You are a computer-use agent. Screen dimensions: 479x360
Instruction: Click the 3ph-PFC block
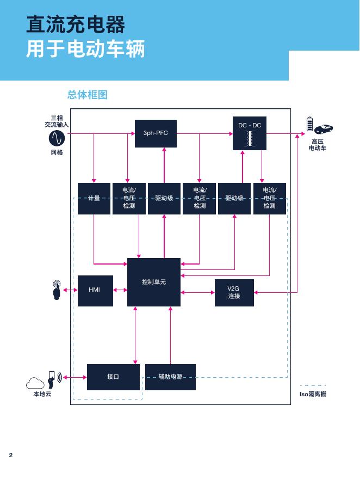pyautogui.click(x=156, y=133)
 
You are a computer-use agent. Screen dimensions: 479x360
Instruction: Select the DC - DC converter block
pyautogui.click(x=250, y=133)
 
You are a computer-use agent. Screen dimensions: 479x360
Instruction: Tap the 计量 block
pyautogui.click(x=94, y=198)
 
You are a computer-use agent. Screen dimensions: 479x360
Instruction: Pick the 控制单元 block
pyautogui.click(x=154, y=282)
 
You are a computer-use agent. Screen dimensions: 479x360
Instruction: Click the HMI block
pyautogui.click(x=95, y=290)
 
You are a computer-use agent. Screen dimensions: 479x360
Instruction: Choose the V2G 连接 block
pyautogui.click(x=234, y=292)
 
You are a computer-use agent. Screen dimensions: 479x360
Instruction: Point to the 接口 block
pyautogui.click(x=113, y=377)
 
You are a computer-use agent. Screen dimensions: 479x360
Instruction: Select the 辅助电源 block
pyautogui.click(x=170, y=377)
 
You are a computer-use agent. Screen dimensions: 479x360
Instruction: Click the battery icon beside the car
pyautogui.click(x=311, y=124)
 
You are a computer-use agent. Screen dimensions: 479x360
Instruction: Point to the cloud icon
pyautogui.click(x=36, y=383)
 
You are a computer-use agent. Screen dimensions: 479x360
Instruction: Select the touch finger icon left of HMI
pyautogui.click(x=57, y=290)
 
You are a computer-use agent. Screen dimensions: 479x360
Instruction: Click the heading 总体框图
pyautogui.click(x=88, y=95)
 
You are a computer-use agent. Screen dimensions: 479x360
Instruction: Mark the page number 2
pyautogui.click(x=10, y=455)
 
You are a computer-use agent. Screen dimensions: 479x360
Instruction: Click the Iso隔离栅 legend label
pyautogui.click(x=313, y=394)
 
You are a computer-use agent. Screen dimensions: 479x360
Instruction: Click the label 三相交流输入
pyautogui.click(x=57, y=121)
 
